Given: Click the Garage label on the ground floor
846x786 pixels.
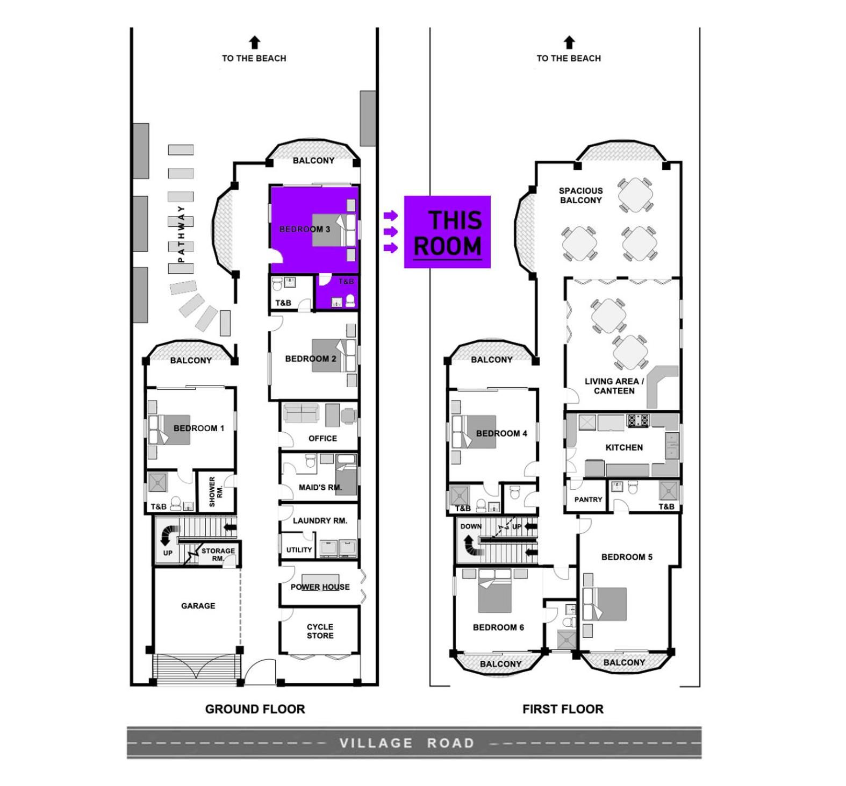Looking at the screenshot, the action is pos(198,605).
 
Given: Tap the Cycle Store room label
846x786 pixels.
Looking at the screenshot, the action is pos(320,631).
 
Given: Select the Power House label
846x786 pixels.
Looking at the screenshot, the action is pos(320,587).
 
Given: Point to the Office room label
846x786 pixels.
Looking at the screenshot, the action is pos(322,438).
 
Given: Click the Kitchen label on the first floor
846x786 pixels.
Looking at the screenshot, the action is pos(624,447).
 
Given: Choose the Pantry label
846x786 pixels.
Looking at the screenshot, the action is pos(588,499).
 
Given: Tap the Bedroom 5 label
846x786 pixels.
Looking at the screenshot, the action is pos(627,557).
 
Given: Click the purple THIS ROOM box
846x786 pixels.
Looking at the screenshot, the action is pos(447,232).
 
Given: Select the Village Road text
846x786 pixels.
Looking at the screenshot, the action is pos(407,743).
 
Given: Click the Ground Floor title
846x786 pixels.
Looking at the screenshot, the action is pos(255,709).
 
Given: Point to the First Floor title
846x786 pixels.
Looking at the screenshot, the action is pos(563,709).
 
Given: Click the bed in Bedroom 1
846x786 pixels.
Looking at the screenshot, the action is pos(169,430).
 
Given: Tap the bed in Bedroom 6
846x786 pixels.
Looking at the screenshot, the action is pos(494,591).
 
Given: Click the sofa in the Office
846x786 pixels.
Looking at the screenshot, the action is pos(301,412).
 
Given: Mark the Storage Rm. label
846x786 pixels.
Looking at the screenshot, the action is pos(218,554).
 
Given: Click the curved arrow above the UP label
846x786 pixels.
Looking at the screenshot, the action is pos(170,535).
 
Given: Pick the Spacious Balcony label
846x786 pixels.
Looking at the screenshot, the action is pos(580,195).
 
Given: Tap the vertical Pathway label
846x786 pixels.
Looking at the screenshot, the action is pos(181,234).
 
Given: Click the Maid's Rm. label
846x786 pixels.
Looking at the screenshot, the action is pos(320,488).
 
